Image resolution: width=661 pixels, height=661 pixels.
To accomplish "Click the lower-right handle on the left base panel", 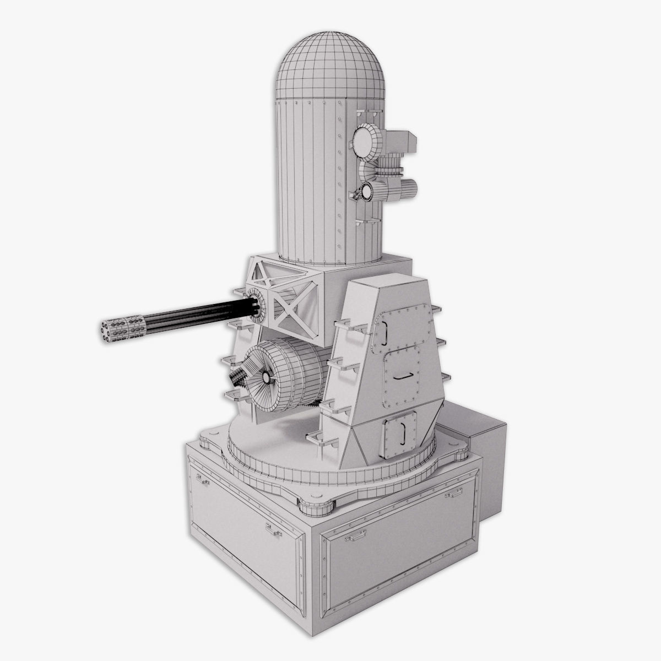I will point(270,530).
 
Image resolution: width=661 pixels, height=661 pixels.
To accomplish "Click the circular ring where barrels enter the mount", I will point(255,303).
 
